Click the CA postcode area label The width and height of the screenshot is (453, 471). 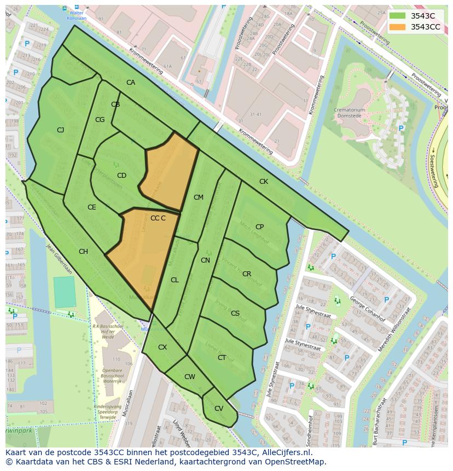click(131, 83)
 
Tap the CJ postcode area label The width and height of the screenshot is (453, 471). click(61, 130)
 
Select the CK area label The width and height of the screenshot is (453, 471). click(264, 181)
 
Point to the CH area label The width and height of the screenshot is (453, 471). click(83, 252)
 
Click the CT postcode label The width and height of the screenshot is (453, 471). click(222, 358)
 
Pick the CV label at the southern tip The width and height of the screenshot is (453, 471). click(218, 409)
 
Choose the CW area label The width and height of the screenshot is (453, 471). click(189, 377)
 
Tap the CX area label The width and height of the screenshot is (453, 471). click(162, 347)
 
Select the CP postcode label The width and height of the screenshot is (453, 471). click(259, 226)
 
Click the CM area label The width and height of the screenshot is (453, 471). click(198, 197)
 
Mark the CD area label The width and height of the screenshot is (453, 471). click(121, 176)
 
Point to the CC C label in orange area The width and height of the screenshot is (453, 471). click(158, 218)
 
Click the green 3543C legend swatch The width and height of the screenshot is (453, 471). click(397, 16)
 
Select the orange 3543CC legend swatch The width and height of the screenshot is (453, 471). click(397, 27)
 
